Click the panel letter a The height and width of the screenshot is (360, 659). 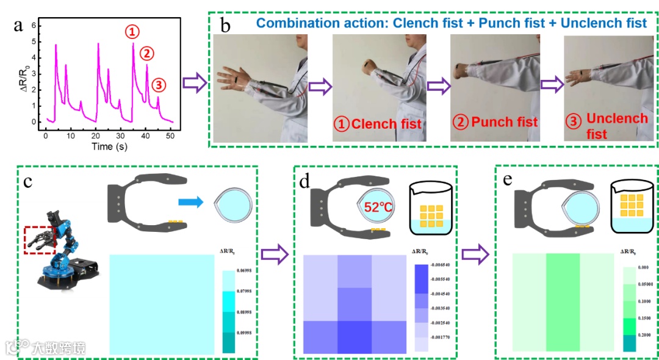(x=19, y=25)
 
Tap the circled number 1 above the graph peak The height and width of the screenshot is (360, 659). (x=132, y=31)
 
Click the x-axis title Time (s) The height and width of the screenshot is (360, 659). (x=110, y=147)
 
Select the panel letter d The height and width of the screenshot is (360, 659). (x=305, y=181)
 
